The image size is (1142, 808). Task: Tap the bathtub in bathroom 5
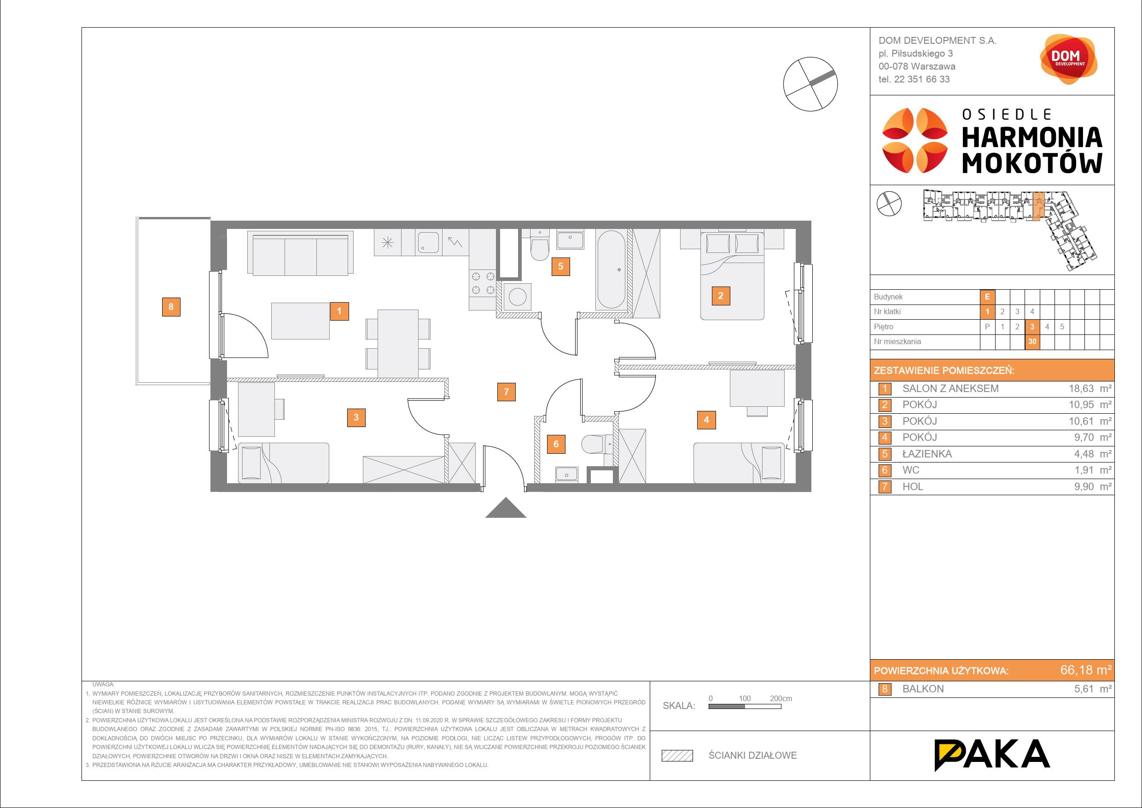611,269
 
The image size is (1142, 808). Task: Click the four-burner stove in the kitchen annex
482,283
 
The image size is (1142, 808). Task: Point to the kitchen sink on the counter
428,242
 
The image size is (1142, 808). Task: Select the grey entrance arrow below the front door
506,508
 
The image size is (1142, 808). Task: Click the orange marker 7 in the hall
507,392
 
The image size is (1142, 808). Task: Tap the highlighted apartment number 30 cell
1032,341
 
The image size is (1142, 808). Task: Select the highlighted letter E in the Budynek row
987,297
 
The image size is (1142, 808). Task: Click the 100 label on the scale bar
745,698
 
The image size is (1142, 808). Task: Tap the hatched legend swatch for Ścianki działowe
677,755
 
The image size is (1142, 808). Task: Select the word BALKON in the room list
923,689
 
